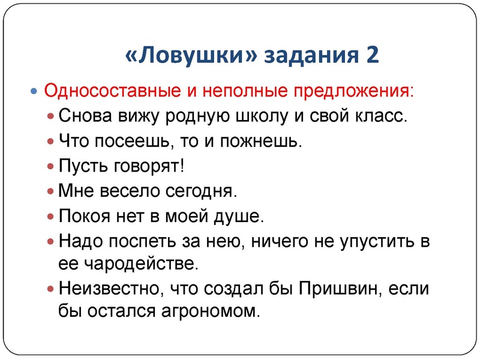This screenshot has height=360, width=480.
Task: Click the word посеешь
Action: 138,142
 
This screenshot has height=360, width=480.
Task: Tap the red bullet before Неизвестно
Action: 50,289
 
